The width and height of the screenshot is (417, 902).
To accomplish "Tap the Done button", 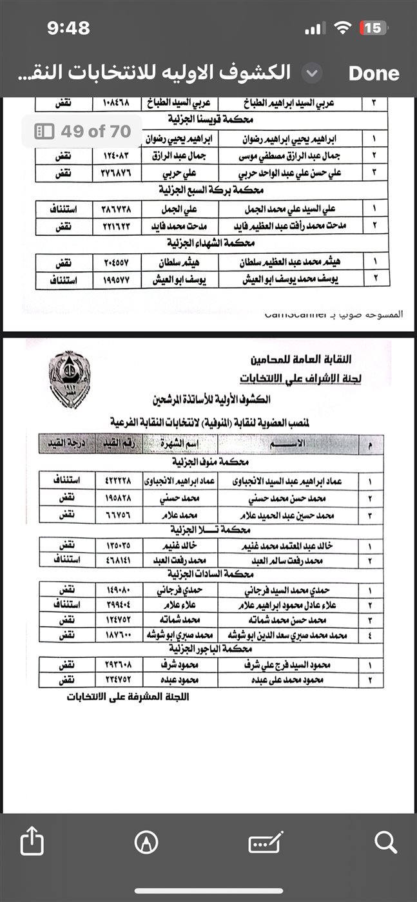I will [374, 73].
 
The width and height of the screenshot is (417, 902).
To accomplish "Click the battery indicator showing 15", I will [373, 28].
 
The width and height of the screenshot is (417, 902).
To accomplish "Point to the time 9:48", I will [68, 28].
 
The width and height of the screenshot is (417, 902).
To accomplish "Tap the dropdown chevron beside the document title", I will [312, 73].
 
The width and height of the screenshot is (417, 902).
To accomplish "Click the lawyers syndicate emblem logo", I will [68, 376].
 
